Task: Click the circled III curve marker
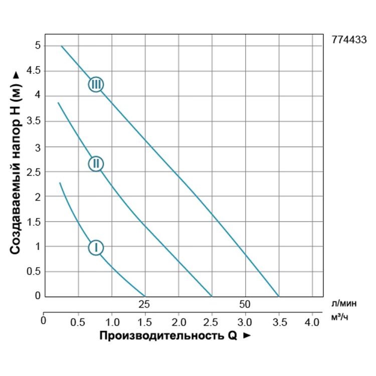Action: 96,84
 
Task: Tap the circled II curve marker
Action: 96,163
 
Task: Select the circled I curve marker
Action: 95,247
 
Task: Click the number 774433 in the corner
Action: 349,41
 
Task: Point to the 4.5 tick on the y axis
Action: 33,71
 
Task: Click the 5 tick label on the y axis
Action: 38,46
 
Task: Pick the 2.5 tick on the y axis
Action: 33,172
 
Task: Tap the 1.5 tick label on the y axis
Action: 33,222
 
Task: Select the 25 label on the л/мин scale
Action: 144,304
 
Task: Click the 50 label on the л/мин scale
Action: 245,304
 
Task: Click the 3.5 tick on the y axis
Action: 33,121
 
